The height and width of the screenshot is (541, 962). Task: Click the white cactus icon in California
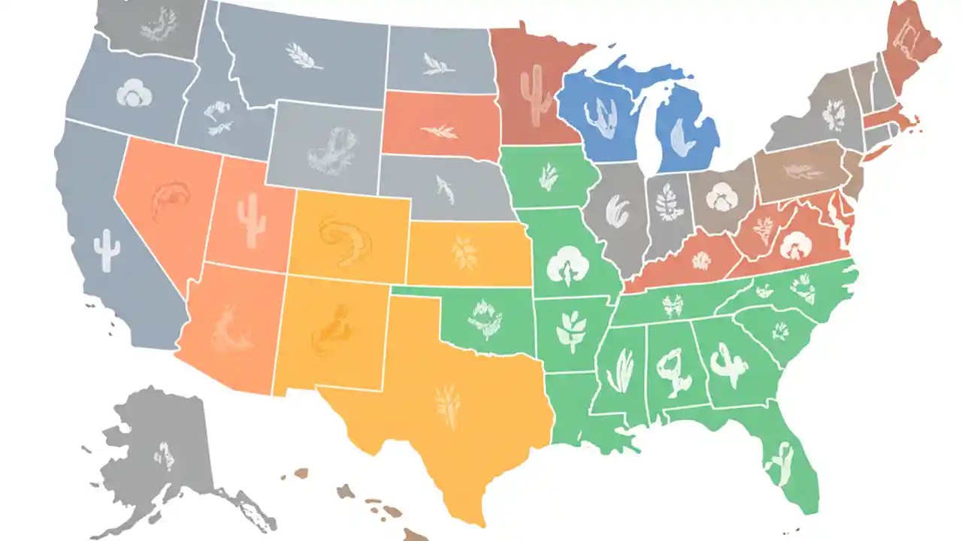coord(107,250)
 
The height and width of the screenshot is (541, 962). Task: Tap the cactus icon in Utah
coord(251,219)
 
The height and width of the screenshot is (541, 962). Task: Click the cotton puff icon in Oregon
coord(135,93)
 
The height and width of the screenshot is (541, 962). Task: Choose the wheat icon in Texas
coord(449,406)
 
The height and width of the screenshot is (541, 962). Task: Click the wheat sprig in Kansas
coord(465,253)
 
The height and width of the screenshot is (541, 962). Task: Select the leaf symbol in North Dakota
coord(438,64)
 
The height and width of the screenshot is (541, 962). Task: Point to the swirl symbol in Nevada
coord(171,201)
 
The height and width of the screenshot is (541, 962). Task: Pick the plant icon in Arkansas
coord(572,329)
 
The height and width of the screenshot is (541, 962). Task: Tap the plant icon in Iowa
coord(549,179)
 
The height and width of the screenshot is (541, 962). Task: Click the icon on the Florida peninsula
coord(778,464)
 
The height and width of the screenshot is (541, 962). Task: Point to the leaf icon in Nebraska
coord(445,190)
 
